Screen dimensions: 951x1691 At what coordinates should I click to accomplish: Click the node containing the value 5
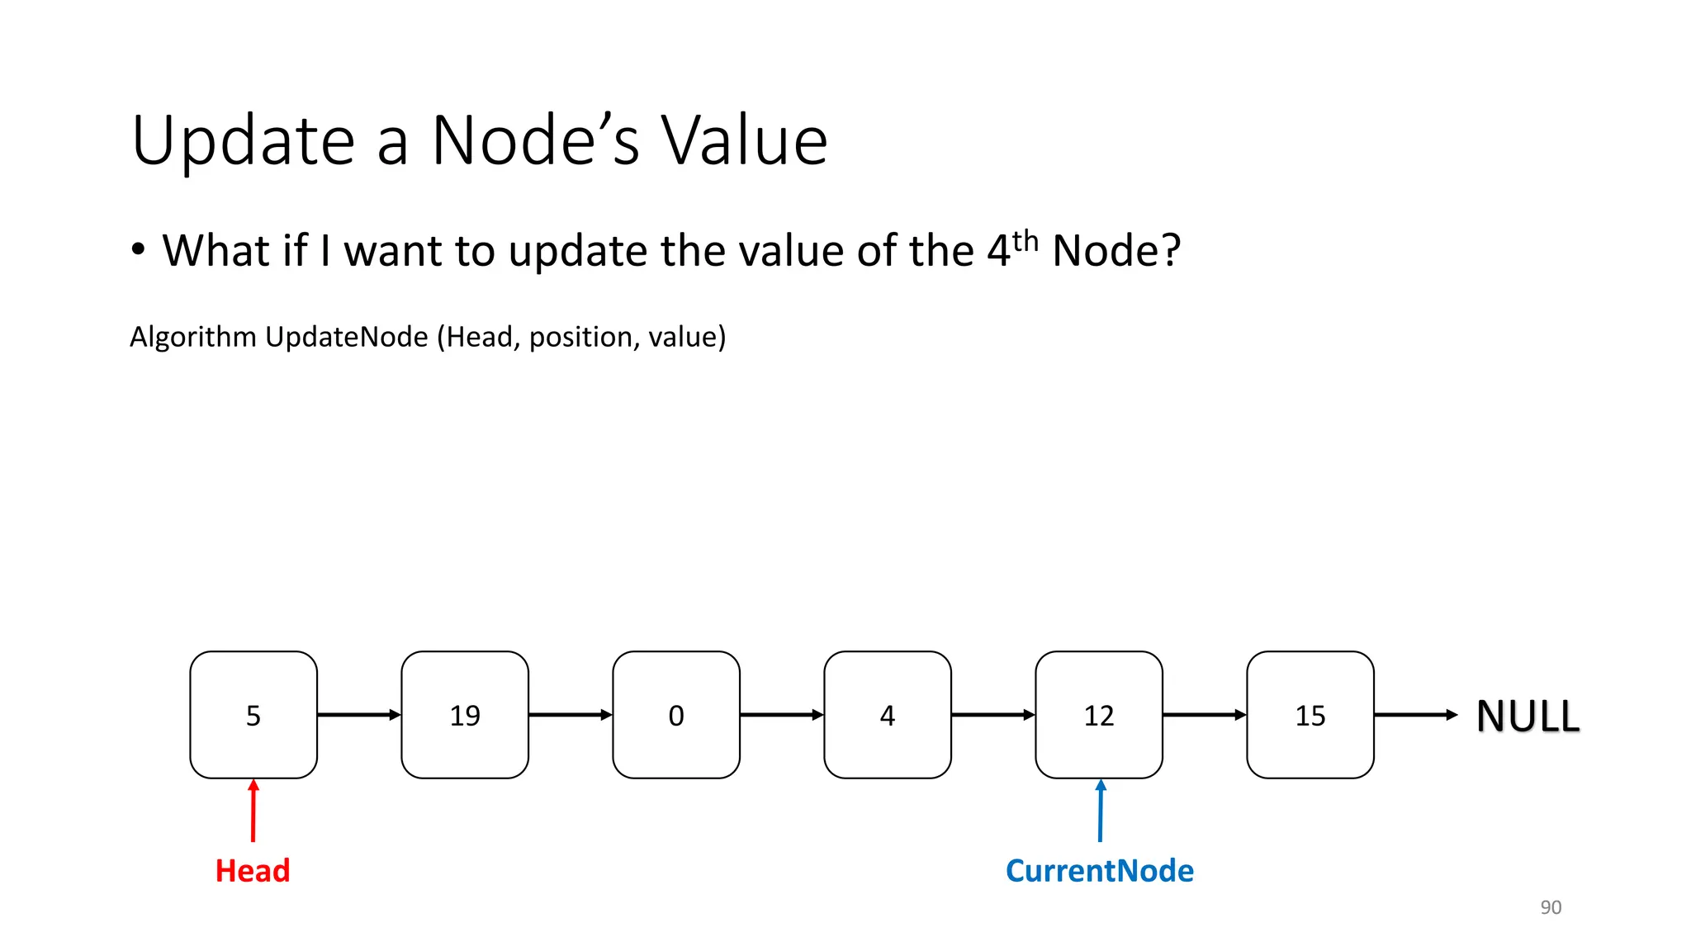coord(253,714)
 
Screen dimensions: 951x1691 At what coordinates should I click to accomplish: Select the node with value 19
coord(464,714)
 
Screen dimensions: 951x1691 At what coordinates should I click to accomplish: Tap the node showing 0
coord(675,714)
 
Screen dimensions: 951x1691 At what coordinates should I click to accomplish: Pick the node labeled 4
coord(887,714)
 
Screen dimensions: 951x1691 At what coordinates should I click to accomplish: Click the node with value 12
coord(1098,714)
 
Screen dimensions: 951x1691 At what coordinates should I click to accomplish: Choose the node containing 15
coord(1310,714)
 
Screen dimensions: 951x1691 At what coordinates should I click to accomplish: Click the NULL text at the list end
coord(1528,716)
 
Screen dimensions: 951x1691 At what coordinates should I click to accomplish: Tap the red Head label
coord(253,871)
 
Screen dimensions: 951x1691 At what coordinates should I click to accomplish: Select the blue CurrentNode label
coord(1099,871)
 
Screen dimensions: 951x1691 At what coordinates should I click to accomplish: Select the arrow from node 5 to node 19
coord(358,714)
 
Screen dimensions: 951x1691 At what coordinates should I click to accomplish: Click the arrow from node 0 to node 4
coord(781,714)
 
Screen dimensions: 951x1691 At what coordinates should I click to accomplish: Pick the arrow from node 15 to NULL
coord(1415,714)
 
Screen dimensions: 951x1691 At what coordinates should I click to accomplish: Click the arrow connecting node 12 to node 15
coord(1204,714)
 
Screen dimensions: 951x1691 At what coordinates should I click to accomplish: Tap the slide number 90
coord(1551,907)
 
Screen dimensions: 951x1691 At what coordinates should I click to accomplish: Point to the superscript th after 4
coord(1025,241)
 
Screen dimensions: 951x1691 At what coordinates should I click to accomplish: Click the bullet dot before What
coord(138,249)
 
